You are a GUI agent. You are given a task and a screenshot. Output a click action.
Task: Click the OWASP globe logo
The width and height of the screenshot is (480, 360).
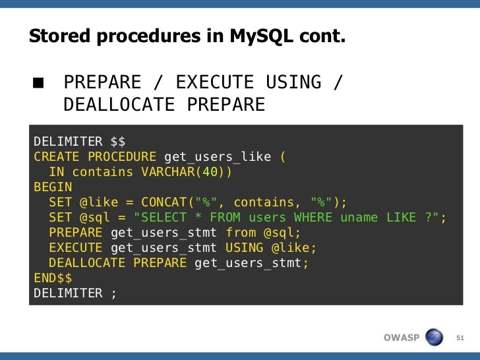(x=434, y=338)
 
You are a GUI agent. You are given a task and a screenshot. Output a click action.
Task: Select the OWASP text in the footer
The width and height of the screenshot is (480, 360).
(x=401, y=338)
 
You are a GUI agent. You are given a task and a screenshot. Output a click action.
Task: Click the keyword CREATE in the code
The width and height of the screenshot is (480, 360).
(x=57, y=157)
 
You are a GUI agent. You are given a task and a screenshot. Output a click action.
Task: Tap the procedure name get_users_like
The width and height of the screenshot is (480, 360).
(x=217, y=157)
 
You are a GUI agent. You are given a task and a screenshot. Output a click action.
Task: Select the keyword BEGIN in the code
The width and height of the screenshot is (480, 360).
(x=53, y=187)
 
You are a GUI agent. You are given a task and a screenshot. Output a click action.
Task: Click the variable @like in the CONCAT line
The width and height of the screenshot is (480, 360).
(x=102, y=202)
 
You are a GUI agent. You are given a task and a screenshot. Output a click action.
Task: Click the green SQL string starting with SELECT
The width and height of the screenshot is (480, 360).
(x=286, y=218)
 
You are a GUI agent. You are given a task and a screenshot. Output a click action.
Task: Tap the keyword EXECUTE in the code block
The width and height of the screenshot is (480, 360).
(x=75, y=248)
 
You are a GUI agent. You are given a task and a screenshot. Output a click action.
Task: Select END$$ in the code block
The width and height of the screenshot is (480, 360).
(x=53, y=278)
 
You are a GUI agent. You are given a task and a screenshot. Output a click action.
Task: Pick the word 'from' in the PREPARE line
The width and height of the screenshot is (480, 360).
(x=240, y=233)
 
